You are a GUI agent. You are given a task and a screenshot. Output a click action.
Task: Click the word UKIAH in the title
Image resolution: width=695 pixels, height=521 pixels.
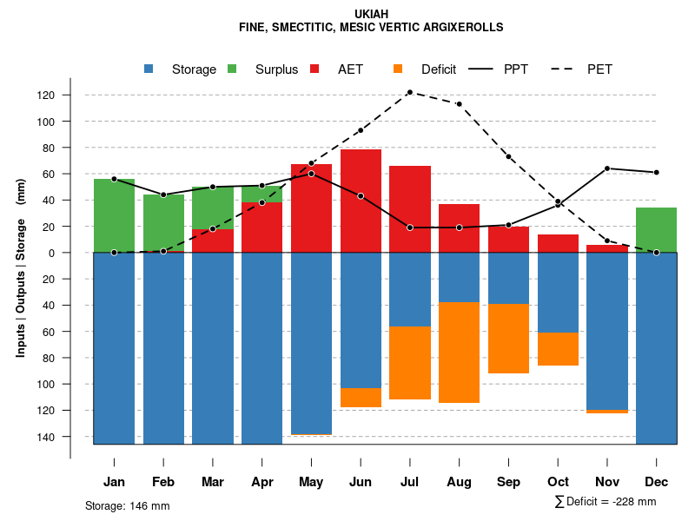[371, 14]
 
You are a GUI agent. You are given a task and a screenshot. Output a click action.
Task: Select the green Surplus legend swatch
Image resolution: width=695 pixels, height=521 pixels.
[232, 69]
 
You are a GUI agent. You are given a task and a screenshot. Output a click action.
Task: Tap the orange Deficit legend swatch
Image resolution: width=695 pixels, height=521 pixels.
[398, 69]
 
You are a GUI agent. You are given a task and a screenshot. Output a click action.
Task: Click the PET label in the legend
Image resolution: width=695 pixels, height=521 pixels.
[599, 69]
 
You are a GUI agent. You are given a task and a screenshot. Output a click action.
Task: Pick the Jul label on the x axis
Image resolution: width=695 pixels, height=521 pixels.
[410, 482]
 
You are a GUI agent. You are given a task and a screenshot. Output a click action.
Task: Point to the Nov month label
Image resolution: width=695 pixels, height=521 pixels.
[607, 482]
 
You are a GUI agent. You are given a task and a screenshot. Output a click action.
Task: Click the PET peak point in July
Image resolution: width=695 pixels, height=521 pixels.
[409, 92]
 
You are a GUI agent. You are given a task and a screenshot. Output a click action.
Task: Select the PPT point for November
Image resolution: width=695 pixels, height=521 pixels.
[607, 168]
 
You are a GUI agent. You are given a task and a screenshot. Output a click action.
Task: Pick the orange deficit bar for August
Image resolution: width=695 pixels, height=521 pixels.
[460, 352]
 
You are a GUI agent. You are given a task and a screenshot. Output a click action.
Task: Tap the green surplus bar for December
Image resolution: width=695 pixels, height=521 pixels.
[656, 230]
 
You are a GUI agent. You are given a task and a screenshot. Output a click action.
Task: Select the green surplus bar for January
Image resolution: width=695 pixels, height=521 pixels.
[114, 215]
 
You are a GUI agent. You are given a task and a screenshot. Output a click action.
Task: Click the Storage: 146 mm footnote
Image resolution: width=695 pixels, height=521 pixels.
[128, 505]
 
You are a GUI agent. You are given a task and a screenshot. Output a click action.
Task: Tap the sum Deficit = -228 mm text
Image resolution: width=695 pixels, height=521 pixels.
[605, 502]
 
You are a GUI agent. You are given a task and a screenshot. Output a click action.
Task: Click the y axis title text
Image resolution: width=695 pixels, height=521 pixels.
[21, 268]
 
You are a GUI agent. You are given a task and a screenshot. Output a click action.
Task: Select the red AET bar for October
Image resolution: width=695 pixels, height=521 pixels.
[558, 243]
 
